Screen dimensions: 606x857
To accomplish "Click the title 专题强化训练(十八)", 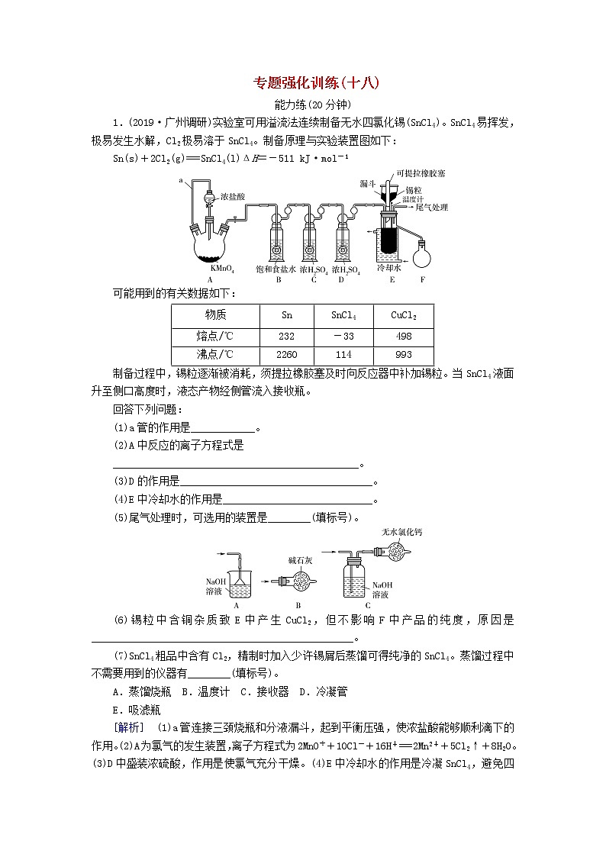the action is click(315, 83).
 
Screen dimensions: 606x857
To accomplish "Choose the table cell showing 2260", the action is click(287, 354).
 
